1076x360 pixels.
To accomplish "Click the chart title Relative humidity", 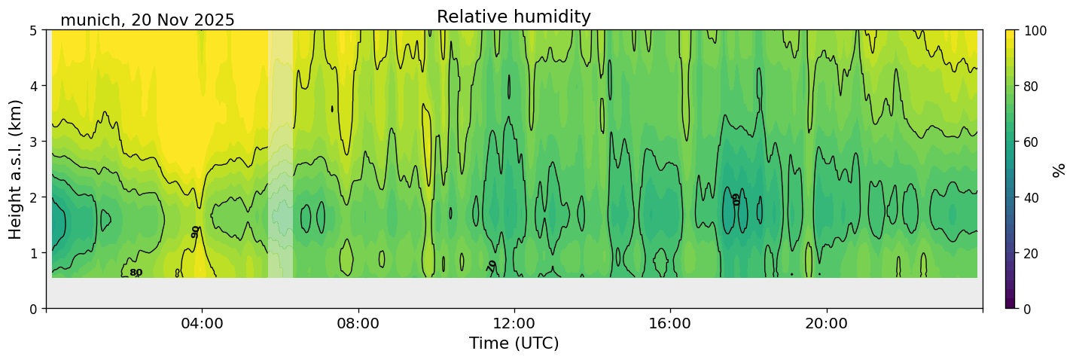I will click(514, 17).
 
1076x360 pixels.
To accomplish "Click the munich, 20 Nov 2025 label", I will click(148, 20).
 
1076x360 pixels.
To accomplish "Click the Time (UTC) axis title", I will click(514, 344).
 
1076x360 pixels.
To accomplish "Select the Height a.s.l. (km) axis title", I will click(17, 169).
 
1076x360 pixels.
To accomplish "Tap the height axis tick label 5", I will click(34, 30).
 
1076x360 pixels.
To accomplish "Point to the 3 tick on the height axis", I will click(34, 142).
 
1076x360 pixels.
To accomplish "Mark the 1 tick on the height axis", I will click(34, 253).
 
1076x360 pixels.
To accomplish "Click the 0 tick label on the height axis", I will click(34, 309).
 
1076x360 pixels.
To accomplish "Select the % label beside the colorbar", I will click(1059, 169).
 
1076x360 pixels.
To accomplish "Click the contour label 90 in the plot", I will click(196, 232).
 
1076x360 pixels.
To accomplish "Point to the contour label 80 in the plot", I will click(136, 273).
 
